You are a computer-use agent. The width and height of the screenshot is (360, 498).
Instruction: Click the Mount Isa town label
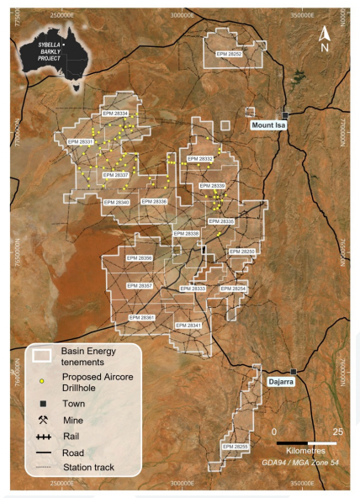click(274, 125)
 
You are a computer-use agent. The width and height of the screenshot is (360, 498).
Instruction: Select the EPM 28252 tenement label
click(228, 54)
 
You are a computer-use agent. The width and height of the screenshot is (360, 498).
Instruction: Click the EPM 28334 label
click(114, 113)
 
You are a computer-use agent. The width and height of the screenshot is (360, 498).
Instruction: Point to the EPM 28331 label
click(80, 142)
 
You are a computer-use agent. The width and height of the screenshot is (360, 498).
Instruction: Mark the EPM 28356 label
click(139, 258)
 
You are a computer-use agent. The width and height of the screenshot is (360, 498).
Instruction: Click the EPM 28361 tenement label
click(143, 317)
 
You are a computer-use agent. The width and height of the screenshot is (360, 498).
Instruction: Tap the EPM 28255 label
click(235, 446)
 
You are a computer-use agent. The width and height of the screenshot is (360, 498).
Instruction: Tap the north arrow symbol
click(324, 38)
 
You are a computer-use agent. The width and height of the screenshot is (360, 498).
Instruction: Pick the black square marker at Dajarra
click(293, 372)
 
